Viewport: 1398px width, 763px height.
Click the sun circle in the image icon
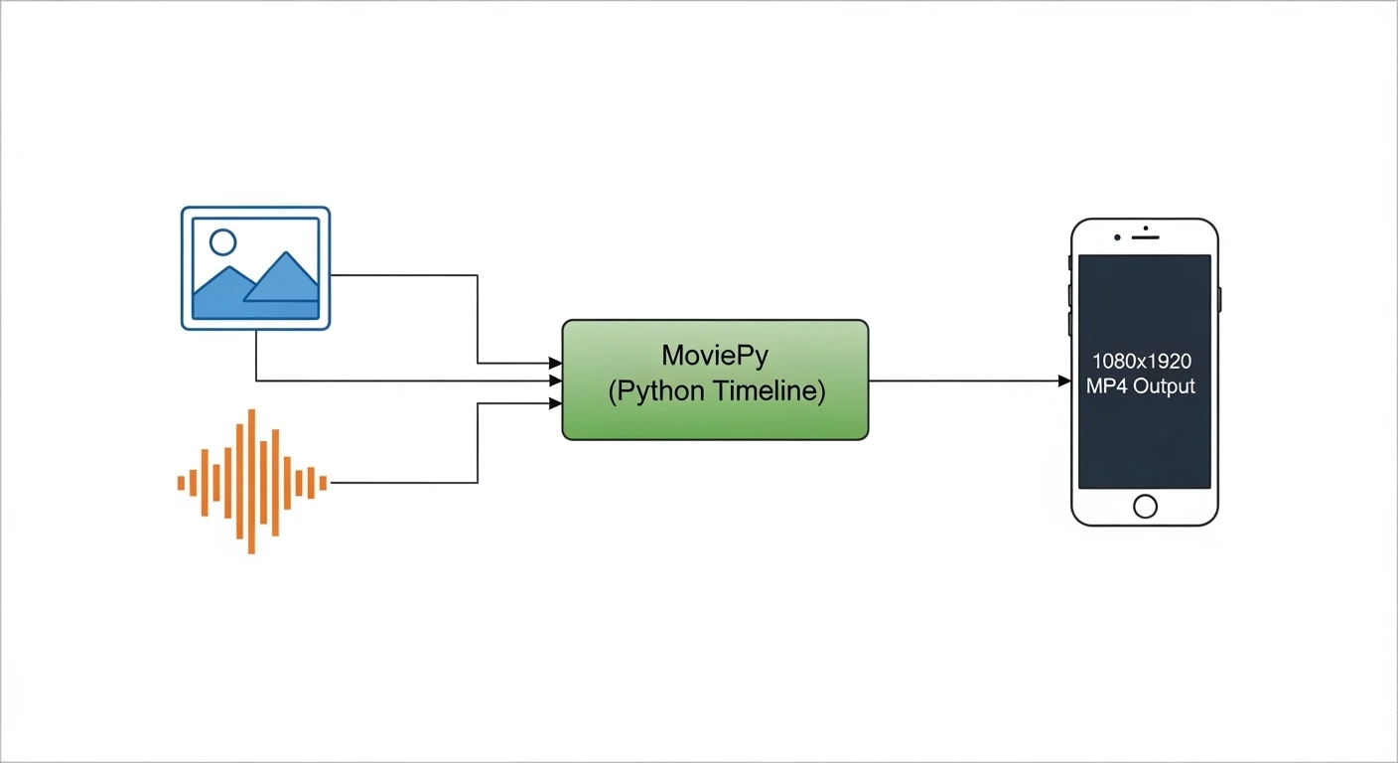coord(223,242)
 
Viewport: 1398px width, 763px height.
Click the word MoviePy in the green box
coord(715,355)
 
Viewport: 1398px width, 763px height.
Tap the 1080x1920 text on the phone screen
coord(1145,362)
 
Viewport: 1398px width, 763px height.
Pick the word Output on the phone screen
coord(1165,386)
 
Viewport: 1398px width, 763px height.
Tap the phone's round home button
coord(1145,507)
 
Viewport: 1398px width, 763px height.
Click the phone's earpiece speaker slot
coord(1146,237)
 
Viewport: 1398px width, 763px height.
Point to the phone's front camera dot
coord(1118,237)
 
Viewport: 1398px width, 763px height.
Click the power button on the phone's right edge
coord(1219,299)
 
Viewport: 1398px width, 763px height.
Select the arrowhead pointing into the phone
coord(1063,381)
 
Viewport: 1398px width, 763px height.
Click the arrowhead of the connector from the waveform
coord(555,403)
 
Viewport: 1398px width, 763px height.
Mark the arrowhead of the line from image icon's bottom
coord(555,381)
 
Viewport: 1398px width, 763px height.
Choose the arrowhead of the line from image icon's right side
coord(555,364)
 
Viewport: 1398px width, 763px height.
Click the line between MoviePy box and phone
coord(963,381)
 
